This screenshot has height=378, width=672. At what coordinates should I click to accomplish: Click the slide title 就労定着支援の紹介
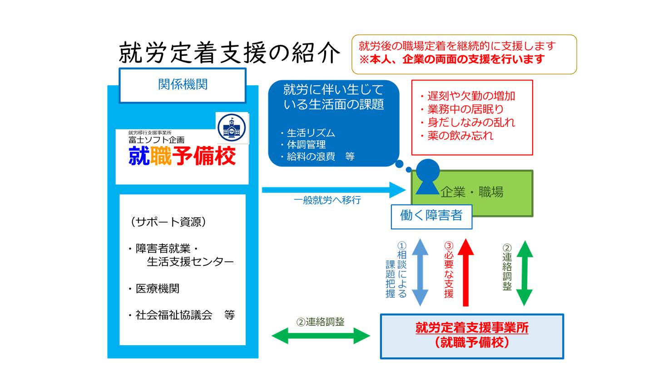click(x=229, y=53)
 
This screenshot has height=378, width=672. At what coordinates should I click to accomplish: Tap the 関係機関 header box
click(x=183, y=85)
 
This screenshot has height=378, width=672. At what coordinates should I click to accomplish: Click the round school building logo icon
click(x=232, y=128)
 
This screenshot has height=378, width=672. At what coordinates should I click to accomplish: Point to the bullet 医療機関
click(x=157, y=289)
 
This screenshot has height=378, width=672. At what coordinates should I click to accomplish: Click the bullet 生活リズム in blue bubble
click(x=311, y=133)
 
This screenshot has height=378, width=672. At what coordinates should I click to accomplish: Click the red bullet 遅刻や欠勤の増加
click(x=470, y=96)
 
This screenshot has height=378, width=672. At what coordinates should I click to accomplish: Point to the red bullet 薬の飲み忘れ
click(x=460, y=135)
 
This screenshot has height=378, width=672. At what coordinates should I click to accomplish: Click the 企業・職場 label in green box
click(x=472, y=192)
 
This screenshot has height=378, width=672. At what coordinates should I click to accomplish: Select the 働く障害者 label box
click(x=431, y=216)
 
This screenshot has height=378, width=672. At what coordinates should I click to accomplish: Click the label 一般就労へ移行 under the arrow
click(x=327, y=200)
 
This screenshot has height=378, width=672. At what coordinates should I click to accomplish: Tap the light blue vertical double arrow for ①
click(x=419, y=272)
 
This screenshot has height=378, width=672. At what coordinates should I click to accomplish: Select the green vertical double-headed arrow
click(x=524, y=272)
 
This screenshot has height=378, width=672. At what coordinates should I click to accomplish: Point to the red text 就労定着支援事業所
click(x=472, y=328)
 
